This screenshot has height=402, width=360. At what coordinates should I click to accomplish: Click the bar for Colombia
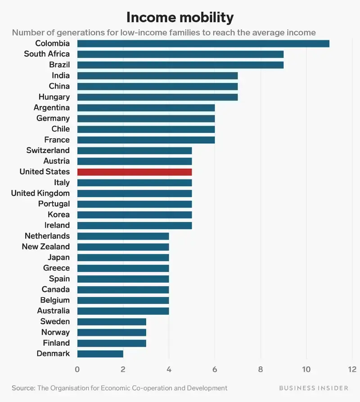coord(203,43)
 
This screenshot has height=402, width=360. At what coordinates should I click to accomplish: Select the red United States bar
coord(135,172)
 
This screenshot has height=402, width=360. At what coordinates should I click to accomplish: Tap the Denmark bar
coord(100,353)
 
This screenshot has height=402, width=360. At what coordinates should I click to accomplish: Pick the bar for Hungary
coord(157,97)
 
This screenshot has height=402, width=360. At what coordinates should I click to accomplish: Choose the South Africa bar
coord(180,54)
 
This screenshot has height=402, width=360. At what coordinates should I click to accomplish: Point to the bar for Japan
coord(123,257)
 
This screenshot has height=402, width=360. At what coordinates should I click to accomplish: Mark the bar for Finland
coord(112,343)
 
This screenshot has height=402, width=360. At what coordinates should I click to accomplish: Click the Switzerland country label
coord(48,150)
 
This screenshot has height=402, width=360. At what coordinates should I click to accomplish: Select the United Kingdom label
coord(40,193)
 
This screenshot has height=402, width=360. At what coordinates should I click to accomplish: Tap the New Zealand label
coord(45,247)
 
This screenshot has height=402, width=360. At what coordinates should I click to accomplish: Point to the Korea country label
coord(58,215)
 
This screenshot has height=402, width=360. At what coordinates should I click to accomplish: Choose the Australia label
coord(53,311)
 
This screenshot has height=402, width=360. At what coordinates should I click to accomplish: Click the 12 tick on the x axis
coord(352,370)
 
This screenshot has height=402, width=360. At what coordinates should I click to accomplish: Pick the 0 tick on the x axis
coord(77,370)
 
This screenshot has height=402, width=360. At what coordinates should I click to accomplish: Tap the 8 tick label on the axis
coord(261,370)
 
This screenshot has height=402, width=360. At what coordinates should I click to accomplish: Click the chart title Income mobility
coord(180,17)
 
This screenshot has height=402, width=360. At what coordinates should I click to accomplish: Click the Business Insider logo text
coord(313,388)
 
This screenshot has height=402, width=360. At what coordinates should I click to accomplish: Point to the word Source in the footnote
coord(23,388)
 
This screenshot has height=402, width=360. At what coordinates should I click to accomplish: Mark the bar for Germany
coord(146,118)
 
